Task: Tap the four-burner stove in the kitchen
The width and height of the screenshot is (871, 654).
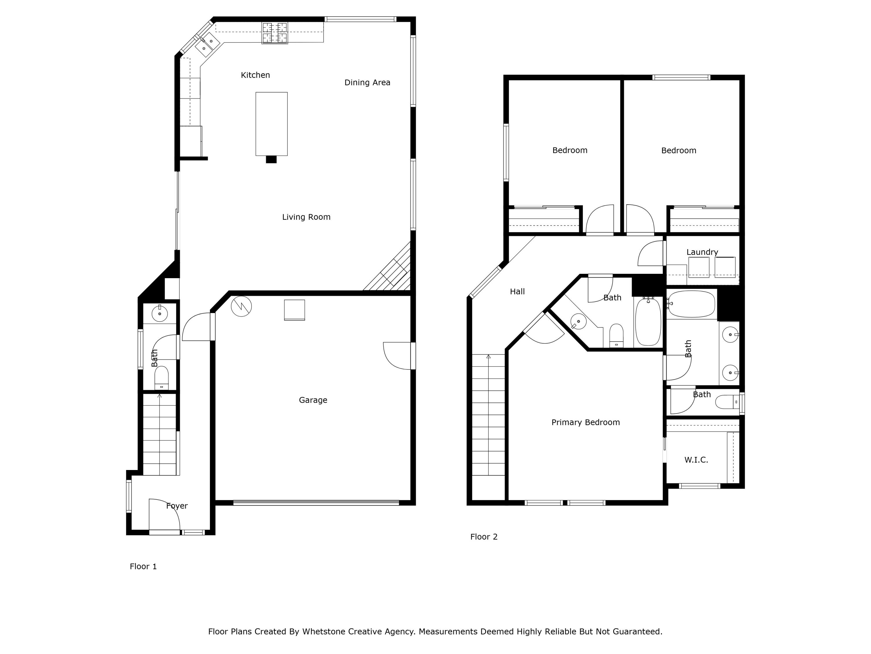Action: (x=275, y=33)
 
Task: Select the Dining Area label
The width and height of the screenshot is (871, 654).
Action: (x=367, y=82)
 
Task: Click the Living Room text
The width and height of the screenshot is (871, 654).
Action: (x=306, y=217)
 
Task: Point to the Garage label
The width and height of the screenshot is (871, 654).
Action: (x=313, y=400)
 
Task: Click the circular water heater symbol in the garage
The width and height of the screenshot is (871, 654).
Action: (x=241, y=306)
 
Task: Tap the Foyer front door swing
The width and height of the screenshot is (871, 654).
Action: (x=165, y=515)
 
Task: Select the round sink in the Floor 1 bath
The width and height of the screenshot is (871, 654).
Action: (x=159, y=314)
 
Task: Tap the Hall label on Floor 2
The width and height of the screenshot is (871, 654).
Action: (x=517, y=291)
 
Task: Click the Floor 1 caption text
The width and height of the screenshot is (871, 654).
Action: (x=143, y=567)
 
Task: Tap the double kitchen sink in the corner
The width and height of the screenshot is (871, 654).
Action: (x=208, y=44)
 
